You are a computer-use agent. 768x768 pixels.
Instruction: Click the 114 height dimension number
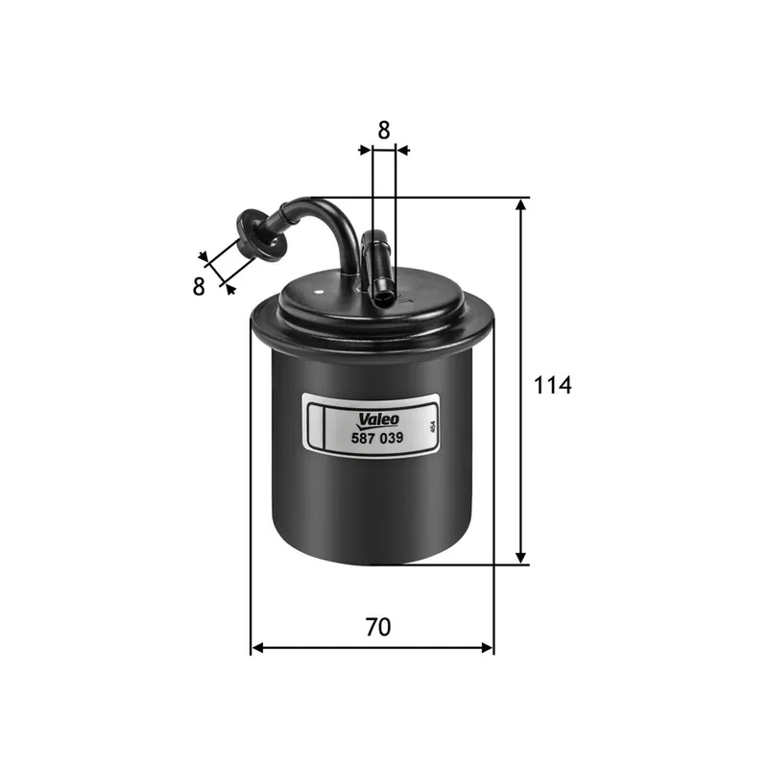click(x=552, y=386)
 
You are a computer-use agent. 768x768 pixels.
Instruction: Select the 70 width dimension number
click(x=378, y=627)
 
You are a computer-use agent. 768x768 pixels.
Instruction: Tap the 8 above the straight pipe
click(x=383, y=129)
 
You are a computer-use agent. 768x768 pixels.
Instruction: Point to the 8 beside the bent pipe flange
click(x=199, y=286)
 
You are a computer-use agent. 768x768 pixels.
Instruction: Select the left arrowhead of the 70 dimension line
click(x=256, y=649)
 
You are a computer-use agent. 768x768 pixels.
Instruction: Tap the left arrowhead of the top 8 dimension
click(x=364, y=150)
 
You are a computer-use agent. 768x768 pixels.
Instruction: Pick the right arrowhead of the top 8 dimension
click(x=402, y=150)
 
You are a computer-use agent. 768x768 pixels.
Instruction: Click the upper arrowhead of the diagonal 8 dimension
click(x=204, y=256)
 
